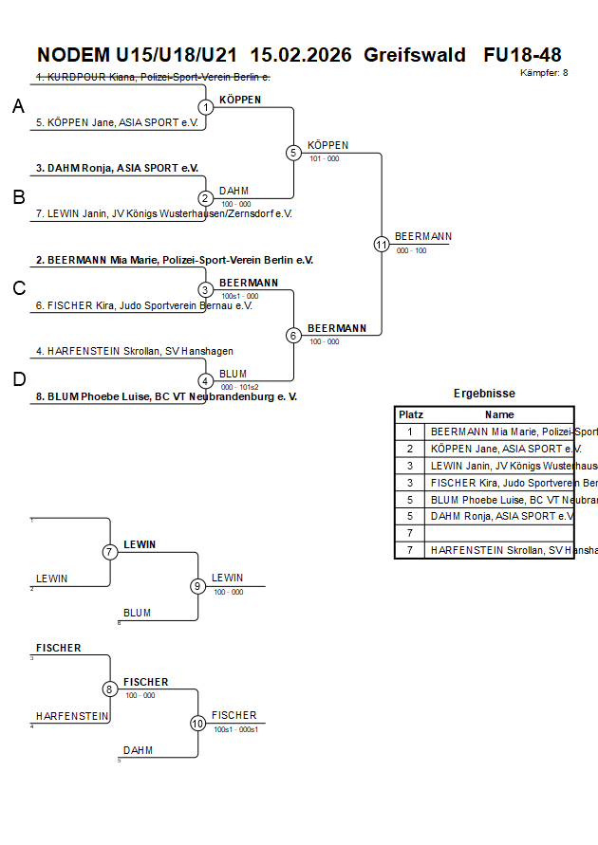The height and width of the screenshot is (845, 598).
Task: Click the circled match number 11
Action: click(x=382, y=244)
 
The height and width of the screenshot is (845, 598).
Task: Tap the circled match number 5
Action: click(x=293, y=153)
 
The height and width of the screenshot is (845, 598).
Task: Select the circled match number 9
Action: click(x=197, y=586)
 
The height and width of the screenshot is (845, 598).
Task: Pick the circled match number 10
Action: click(x=197, y=724)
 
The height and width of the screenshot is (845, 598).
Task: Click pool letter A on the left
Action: click(x=18, y=107)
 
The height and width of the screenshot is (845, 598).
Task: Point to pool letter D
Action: click(x=18, y=380)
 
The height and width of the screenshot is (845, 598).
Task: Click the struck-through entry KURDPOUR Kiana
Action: click(x=153, y=77)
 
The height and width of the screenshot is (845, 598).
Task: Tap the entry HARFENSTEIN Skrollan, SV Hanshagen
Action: click(x=134, y=351)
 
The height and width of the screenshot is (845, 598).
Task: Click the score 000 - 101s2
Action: click(x=239, y=387)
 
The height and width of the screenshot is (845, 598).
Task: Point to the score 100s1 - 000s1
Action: click(x=236, y=729)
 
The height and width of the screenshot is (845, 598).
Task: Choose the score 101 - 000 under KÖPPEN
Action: click(x=324, y=158)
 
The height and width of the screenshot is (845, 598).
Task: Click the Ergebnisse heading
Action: click(x=484, y=394)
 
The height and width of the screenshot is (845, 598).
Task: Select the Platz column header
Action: click(x=410, y=414)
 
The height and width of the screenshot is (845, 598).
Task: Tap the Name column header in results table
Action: click(x=499, y=414)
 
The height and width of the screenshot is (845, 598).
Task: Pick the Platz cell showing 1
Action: click(x=410, y=432)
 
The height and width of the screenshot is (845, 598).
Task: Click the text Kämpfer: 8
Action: click(x=544, y=73)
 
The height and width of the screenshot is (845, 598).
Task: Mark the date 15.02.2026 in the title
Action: click(x=301, y=55)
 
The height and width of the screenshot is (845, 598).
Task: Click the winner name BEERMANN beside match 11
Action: click(x=422, y=236)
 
